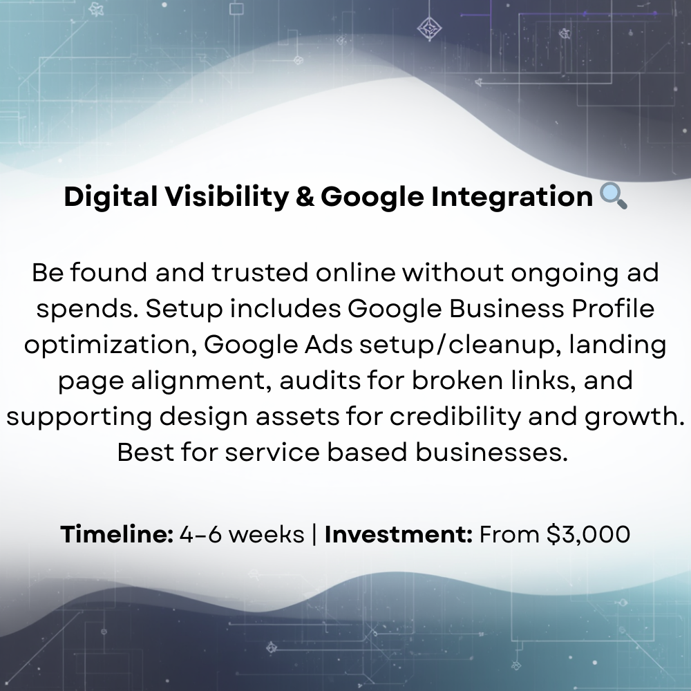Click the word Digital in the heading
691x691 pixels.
111,198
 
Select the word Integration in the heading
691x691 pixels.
511,198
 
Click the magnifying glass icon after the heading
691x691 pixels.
613,196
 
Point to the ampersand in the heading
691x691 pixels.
303,198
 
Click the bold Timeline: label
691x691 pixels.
117,534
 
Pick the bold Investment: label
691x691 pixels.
399,534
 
